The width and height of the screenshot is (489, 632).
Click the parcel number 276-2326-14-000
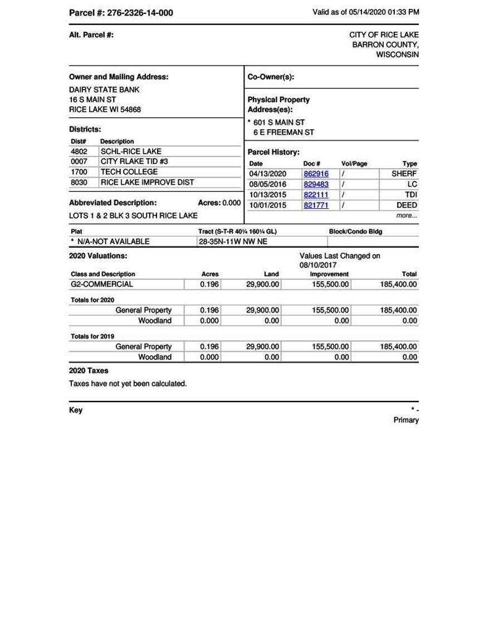click(x=139, y=13)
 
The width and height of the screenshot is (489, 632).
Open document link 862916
click(x=316, y=174)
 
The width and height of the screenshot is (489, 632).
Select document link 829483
click(x=316, y=184)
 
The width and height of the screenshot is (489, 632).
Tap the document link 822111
click(x=316, y=195)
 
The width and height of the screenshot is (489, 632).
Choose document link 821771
click(x=316, y=205)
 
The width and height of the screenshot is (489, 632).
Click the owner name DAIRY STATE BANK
click(x=104, y=89)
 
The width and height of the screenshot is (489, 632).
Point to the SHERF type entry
click(x=404, y=174)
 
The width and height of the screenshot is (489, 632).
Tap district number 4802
click(x=80, y=151)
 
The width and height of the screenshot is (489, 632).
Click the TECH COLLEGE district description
click(x=129, y=172)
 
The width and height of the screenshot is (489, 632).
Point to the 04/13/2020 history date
click(x=267, y=174)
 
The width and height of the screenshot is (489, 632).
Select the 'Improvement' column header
click(x=329, y=274)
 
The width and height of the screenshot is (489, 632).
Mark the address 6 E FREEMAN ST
click(x=283, y=133)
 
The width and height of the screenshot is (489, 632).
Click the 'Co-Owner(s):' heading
click(x=271, y=77)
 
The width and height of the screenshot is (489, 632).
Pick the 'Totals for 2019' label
click(x=92, y=336)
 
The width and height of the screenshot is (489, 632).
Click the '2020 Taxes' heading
click(x=89, y=371)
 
